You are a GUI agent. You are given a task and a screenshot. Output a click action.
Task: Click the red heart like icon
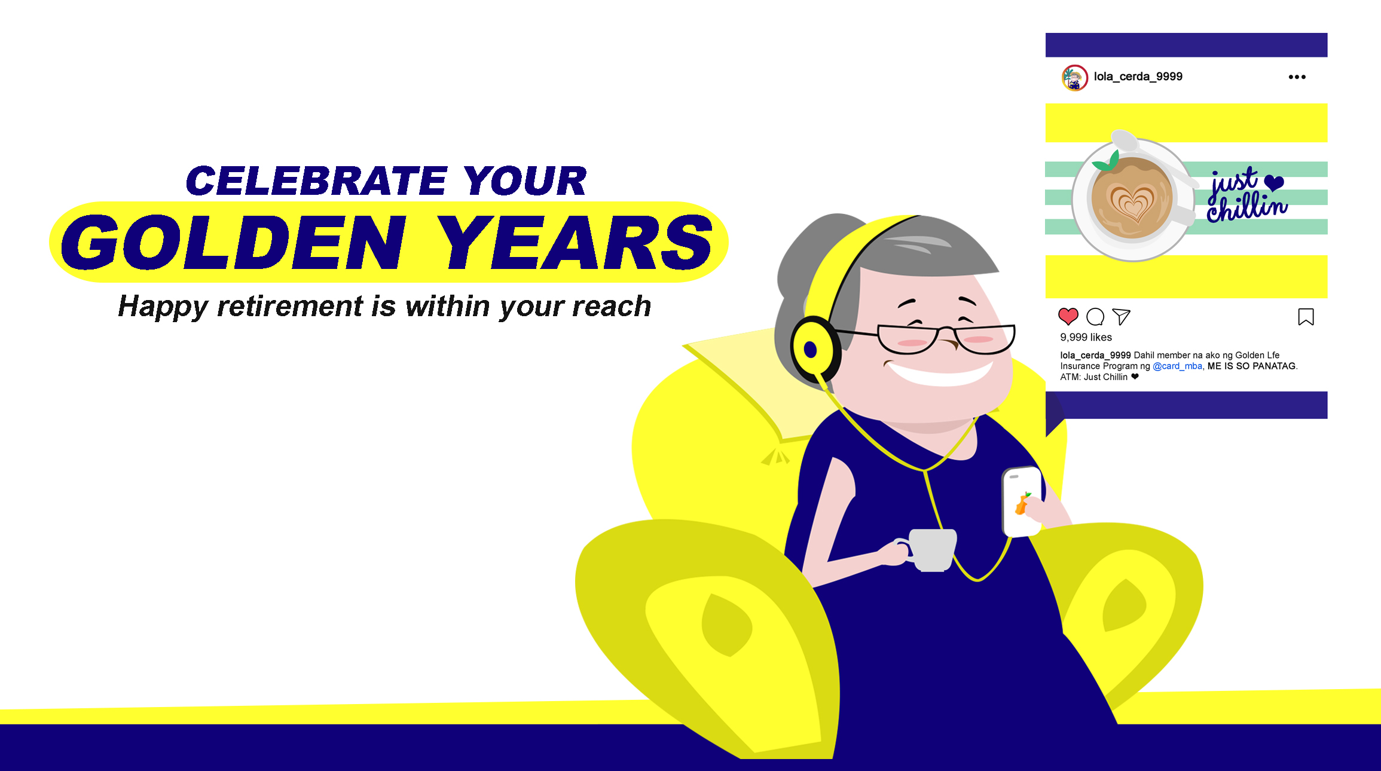coord(1068,316)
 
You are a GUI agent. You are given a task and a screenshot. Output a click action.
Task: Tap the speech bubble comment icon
coord(1095,317)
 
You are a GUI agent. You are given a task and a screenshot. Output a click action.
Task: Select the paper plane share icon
coord(1122,316)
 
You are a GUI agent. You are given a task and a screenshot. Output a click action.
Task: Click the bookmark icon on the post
coord(1306,317)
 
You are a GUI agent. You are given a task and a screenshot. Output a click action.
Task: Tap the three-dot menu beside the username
coord(1297,77)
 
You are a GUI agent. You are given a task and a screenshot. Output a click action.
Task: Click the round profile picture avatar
coord(1074,78)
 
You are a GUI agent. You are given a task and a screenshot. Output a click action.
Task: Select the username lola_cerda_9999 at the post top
coord(1138,77)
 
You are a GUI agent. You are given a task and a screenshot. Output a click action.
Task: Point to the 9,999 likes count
coord(1086,338)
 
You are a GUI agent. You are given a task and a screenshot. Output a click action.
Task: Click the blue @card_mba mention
coord(1177,366)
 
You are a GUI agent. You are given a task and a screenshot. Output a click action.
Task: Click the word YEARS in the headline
coord(575,242)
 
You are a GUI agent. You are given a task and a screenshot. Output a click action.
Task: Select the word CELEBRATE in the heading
coord(316,180)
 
